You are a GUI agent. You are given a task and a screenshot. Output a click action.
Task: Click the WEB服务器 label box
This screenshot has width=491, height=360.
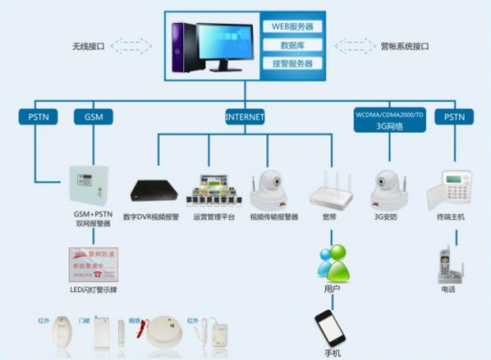(292, 27)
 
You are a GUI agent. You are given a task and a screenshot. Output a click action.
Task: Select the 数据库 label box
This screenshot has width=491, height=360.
(292, 45)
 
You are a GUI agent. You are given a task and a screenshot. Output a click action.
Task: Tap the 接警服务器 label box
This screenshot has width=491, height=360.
(292, 63)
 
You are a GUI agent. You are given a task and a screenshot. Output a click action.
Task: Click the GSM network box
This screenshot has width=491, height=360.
(93, 117)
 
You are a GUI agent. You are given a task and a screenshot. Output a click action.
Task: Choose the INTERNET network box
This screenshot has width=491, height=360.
(245, 117)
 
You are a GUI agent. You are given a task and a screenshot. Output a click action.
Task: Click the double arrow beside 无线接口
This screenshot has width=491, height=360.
(135, 45)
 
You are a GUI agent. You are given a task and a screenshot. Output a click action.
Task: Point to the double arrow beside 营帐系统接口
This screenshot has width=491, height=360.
(354, 45)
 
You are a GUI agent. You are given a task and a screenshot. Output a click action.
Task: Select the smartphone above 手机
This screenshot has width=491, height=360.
(331, 327)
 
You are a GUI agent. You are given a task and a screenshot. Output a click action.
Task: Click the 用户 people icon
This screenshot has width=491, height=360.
(332, 264)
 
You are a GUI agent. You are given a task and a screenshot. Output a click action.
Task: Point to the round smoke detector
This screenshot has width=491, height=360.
(162, 331)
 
